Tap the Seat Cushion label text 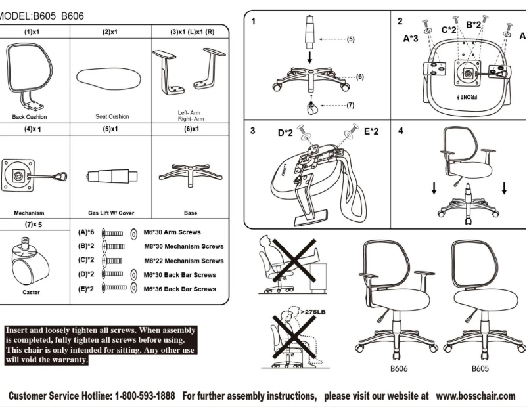[112, 117]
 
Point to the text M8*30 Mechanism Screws [183, 247]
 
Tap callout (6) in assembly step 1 [359, 77]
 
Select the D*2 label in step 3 [285, 133]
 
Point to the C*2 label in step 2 [449, 30]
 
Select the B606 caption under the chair [399, 369]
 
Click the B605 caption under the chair [480, 369]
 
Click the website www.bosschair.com [475, 396]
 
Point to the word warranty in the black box [68, 360]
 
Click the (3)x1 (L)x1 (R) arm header [191, 32]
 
